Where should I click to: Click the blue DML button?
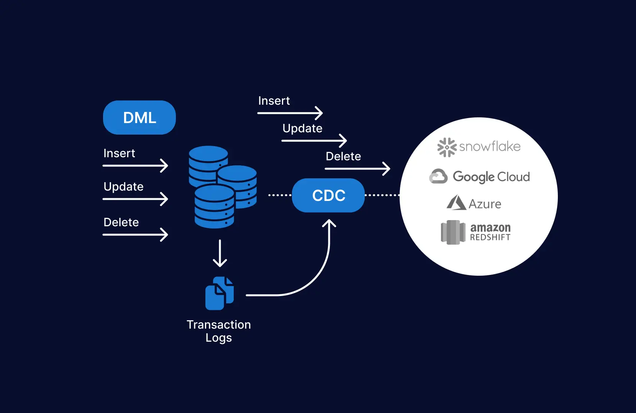point(139,118)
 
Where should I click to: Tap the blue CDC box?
point(328,196)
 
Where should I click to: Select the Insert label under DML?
point(119,153)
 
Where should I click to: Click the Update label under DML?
point(123,187)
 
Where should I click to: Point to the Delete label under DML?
point(121,222)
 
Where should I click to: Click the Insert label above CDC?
point(274,101)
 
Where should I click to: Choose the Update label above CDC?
point(302,128)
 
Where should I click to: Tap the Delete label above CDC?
point(343,156)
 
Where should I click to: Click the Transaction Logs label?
point(219,331)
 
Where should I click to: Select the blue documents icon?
point(220,293)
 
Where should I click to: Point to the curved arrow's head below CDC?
point(329,223)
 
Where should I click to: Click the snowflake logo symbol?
point(447,147)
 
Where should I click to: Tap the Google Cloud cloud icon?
point(438,177)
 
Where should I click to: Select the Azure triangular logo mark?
point(456,203)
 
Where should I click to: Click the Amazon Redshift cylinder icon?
point(453,232)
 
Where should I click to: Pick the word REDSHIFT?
point(490,238)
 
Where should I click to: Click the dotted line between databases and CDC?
point(279,195)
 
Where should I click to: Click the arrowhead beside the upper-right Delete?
point(387,169)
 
